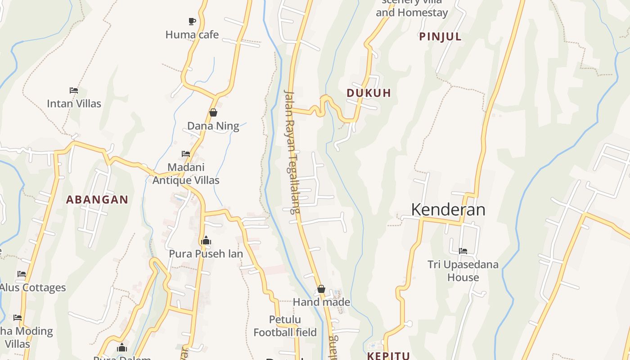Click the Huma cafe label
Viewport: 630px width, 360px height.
[x=192, y=35]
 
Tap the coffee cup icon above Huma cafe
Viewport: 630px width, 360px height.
[x=192, y=21]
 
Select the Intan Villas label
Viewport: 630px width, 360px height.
[x=74, y=103]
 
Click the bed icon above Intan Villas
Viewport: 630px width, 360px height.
[x=74, y=90]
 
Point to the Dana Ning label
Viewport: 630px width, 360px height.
[x=213, y=126]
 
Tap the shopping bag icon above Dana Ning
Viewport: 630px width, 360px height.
[x=213, y=112]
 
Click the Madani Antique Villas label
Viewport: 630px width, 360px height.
[x=186, y=174]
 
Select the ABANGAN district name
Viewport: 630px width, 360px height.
[x=97, y=199]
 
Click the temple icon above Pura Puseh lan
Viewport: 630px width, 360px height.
[x=206, y=240]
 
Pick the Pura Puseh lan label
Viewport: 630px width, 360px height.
[x=206, y=254]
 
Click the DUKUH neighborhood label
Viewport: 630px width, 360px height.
[x=369, y=93]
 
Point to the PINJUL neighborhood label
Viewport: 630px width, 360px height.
[x=440, y=37]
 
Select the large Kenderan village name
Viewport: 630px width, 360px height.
[x=448, y=210]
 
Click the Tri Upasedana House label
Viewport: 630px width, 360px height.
[x=463, y=271]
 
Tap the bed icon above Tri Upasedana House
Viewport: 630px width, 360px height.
[x=463, y=251]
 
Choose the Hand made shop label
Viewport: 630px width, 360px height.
[x=321, y=302]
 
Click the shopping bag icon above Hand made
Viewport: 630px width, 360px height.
[x=321, y=289]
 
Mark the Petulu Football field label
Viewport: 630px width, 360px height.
[x=285, y=326]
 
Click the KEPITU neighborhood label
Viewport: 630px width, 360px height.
[x=388, y=356]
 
